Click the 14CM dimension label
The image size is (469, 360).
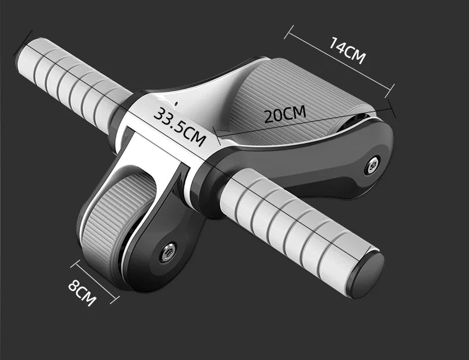[348, 50]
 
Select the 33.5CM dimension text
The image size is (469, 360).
[179, 126]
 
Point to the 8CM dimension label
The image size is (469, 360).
[82, 293]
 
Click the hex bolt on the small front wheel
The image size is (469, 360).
[168, 252]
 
